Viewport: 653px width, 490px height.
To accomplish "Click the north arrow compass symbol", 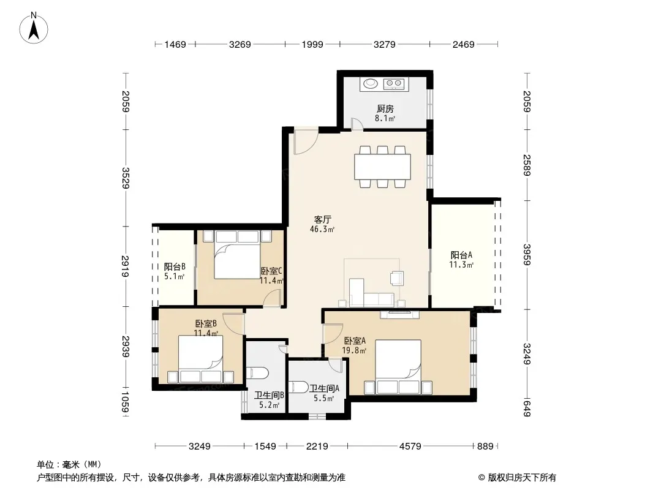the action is click(34, 28).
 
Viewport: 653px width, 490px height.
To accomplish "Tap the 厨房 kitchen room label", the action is click(385, 108).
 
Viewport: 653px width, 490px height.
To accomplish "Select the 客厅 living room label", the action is click(322, 219).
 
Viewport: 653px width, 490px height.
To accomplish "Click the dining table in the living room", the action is click(382, 167).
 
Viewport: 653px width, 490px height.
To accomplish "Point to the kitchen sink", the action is click(370, 84).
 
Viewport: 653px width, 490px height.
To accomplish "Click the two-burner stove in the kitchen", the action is click(394, 84).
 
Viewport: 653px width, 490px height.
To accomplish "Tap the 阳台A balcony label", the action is click(461, 255).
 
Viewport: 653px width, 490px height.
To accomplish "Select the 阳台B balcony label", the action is click(175, 266).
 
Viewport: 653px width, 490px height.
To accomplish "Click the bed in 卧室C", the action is click(237, 254).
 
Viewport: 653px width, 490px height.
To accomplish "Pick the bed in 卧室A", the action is click(398, 367).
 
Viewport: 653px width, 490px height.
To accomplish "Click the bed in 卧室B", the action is click(200, 359).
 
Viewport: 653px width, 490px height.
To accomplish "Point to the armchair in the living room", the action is click(397, 278).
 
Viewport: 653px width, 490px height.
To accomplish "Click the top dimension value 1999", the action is click(312, 44).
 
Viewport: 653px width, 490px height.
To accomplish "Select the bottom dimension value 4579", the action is click(410, 447).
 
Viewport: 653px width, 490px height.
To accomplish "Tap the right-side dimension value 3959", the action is click(527, 254).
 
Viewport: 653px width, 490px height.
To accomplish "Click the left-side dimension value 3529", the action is click(126, 178).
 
